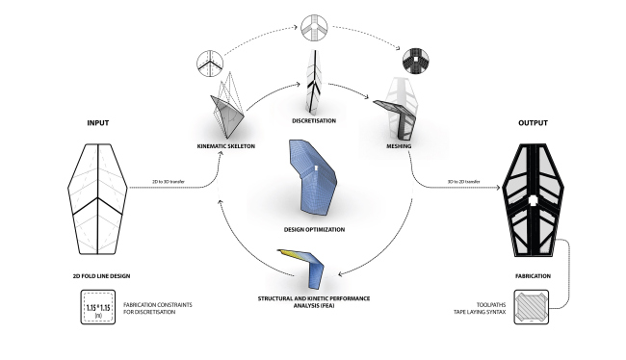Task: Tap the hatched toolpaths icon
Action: tap(532, 312)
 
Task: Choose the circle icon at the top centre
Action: tap(318, 26)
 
